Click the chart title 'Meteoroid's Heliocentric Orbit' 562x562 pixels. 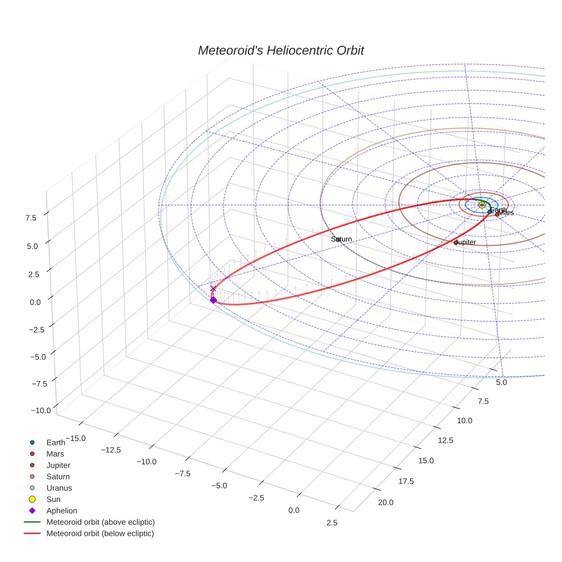[x=280, y=51]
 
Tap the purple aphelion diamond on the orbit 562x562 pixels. [x=213, y=300]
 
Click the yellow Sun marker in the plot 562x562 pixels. [x=481, y=204]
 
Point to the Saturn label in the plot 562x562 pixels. [x=342, y=239]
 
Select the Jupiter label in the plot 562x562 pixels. [x=465, y=242]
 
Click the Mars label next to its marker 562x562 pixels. [x=506, y=213]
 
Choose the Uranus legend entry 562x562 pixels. [x=59, y=488]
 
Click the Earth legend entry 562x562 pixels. [x=55, y=442]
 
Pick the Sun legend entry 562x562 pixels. [x=53, y=499]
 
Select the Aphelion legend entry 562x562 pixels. [x=61, y=511]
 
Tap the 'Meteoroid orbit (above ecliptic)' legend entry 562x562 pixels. [x=100, y=522]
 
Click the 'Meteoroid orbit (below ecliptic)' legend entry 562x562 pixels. [x=100, y=533]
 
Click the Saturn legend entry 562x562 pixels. [x=58, y=476]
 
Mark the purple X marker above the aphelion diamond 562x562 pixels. [x=213, y=289]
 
